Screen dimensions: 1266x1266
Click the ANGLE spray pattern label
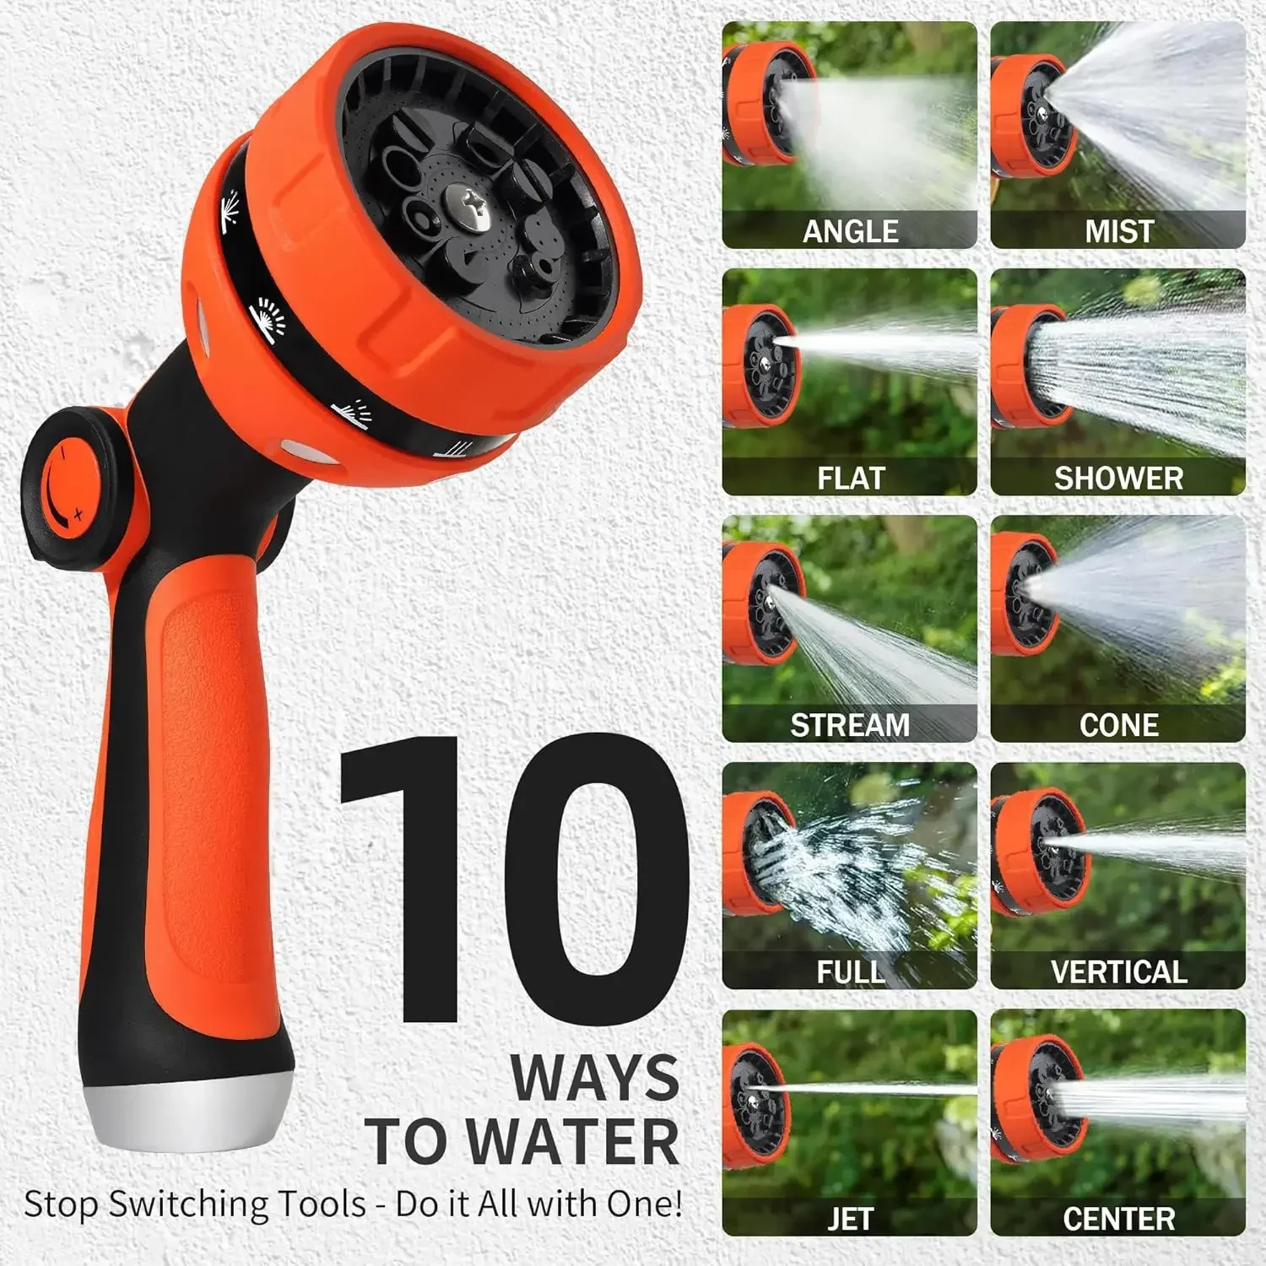click(850, 231)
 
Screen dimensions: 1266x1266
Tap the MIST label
click(1118, 231)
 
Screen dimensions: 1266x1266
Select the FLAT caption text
click(850, 479)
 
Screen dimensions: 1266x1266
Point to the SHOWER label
click(1118, 479)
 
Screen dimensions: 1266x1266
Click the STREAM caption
click(850, 725)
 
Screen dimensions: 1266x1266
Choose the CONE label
click(1118, 725)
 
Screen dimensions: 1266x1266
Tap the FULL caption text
click(850, 972)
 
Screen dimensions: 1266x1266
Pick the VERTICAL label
click(1118, 972)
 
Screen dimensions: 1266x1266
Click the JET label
click(850, 1219)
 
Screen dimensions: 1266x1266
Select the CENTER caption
click(1118, 1219)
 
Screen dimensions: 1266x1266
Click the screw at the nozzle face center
click(467, 206)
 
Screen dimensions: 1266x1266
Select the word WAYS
click(594, 1078)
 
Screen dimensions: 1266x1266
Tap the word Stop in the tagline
click(61, 1204)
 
